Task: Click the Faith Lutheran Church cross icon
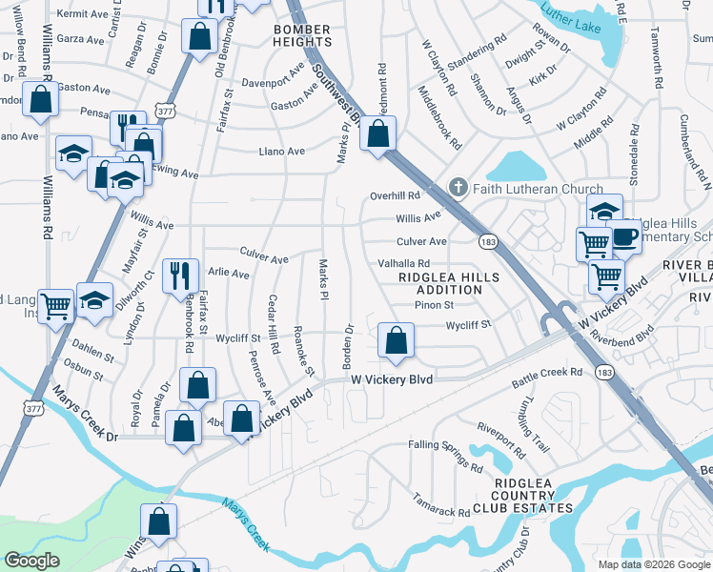click(458, 188)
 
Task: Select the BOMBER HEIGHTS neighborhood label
click(302, 35)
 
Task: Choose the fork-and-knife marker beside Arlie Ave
click(180, 276)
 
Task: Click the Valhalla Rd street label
click(404, 263)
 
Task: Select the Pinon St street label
click(434, 305)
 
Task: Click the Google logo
click(31, 561)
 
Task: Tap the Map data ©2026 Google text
click(653, 564)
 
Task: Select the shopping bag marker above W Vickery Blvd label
click(396, 340)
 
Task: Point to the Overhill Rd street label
click(395, 195)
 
